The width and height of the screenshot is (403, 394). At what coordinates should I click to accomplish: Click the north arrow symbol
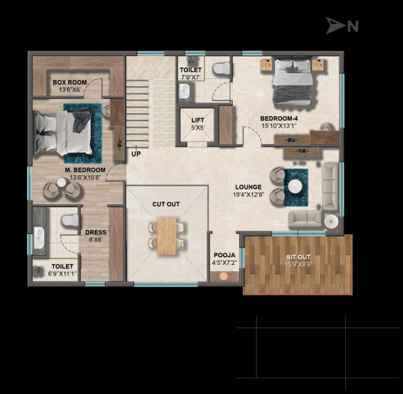[x=335, y=26]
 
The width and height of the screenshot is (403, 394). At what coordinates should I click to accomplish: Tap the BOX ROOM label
[x=70, y=82]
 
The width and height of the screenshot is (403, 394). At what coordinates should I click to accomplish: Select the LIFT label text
[x=198, y=120]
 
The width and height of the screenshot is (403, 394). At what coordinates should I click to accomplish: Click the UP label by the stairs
[x=136, y=154]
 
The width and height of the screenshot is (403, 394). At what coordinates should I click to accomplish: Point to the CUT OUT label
[x=166, y=204]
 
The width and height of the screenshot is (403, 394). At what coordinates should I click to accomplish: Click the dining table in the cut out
[x=166, y=236]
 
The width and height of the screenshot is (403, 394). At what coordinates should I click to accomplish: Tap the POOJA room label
[x=224, y=255]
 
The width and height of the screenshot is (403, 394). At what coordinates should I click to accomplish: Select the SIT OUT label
[x=298, y=257]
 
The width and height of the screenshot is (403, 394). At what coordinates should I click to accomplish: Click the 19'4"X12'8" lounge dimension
[x=249, y=195]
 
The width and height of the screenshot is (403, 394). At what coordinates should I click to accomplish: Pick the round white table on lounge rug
[x=295, y=186]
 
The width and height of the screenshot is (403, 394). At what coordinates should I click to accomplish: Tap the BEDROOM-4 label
[x=279, y=118]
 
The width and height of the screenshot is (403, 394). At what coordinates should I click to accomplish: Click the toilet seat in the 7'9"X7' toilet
[x=222, y=68]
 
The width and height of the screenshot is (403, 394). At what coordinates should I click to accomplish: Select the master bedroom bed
[x=64, y=133]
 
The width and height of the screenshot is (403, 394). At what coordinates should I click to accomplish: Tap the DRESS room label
[x=95, y=232]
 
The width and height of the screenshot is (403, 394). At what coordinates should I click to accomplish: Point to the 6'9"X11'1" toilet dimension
[x=62, y=274]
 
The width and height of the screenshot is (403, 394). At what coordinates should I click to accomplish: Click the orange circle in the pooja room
[x=224, y=276]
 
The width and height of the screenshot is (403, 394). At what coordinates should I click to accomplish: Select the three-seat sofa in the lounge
[x=331, y=186]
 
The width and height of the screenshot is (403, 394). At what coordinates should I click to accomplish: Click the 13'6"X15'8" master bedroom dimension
[x=85, y=178]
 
